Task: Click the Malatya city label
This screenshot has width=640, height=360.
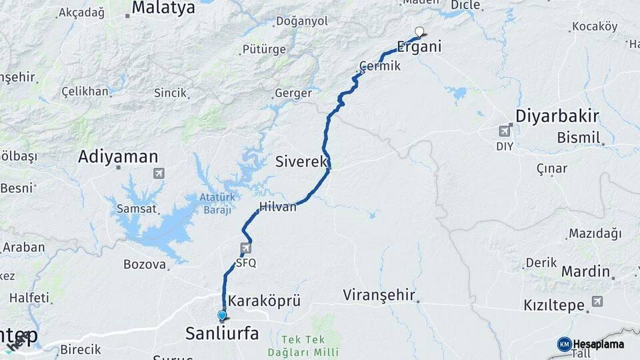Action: click(x=163, y=8)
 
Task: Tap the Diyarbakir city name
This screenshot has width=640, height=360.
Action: click(x=557, y=117)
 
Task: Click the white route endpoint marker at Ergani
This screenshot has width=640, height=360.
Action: click(x=419, y=31)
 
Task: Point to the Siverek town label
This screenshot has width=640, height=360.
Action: click(x=301, y=161)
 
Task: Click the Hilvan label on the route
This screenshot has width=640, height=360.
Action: click(x=278, y=207)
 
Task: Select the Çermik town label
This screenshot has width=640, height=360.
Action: click(x=380, y=67)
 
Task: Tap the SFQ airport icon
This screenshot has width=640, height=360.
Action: click(x=246, y=249)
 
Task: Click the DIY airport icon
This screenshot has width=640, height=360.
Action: click(x=505, y=131)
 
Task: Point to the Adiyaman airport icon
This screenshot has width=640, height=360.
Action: click(x=159, y=173)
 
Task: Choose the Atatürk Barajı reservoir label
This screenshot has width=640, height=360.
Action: click(x=217, y=203)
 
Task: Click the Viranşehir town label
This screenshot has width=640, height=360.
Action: click(x=379, y=295)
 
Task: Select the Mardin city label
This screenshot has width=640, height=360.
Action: click(x=585, y=271)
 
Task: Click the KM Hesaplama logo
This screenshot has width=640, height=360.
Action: click(x=590, y=344)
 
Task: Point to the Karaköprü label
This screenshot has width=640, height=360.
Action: click(x=264, y=301)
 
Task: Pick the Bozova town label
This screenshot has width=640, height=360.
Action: click(x=144, y=265)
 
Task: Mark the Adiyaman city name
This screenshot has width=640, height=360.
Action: click(x=118, y=157)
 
